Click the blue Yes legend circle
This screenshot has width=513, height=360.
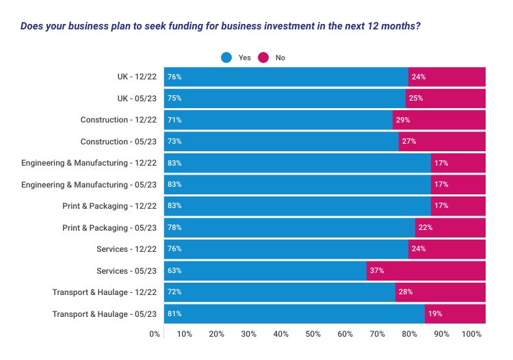pos(227,58)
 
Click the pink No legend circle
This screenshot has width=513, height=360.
pos(264,58)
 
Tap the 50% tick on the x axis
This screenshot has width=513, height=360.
pos(313,334)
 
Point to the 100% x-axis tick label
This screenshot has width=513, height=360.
pos(472,334)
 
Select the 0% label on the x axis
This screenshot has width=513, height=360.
pos(155,334)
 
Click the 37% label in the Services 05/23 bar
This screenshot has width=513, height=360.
pos(377,270)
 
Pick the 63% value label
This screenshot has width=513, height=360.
pos(174,270)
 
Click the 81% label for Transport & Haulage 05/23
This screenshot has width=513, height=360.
pos(174,313)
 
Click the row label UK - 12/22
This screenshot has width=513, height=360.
pos(137,77)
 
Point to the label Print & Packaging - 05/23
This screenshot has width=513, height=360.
pos(109,227)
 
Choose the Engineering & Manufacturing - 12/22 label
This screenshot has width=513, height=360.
pos(89,163)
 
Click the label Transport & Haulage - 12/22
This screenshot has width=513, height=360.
pos(105,292)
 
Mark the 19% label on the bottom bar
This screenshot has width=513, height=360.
pos(434,313)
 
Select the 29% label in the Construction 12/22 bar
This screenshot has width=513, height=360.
pos(403,120)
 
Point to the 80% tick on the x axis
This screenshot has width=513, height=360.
pos(410,334)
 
